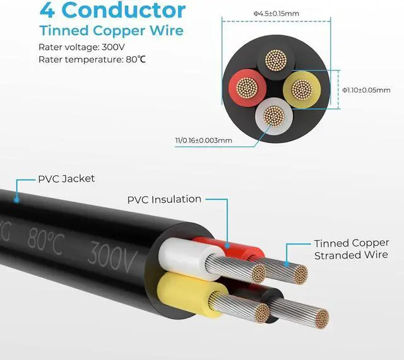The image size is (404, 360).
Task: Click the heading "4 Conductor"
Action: point(112,10)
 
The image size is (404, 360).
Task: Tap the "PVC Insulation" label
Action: point(164,199)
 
